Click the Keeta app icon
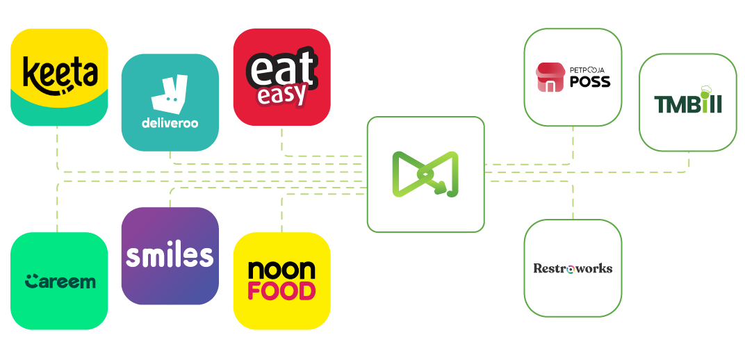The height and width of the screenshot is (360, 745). tap(59, 76)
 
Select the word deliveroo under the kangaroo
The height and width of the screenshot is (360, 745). tap(170, 124)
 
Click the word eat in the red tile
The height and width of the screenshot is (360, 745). tap(281, 69)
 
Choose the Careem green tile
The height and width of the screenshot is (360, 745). tap(59, 281)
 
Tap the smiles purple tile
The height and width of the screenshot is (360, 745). tap(170, 256)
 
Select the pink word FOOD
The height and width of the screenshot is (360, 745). tap(281, 291)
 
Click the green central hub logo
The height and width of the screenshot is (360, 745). tap(425, 174)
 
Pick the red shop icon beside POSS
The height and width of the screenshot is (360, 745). tap(550, 78)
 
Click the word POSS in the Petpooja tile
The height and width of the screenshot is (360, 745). tap(589, 81)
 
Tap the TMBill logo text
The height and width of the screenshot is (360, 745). tap(687, 104)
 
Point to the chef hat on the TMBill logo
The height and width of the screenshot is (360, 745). tap(704, 90)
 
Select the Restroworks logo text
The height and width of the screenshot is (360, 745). tap(573, 268)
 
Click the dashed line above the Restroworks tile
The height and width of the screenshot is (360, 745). tap(573, 201)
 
